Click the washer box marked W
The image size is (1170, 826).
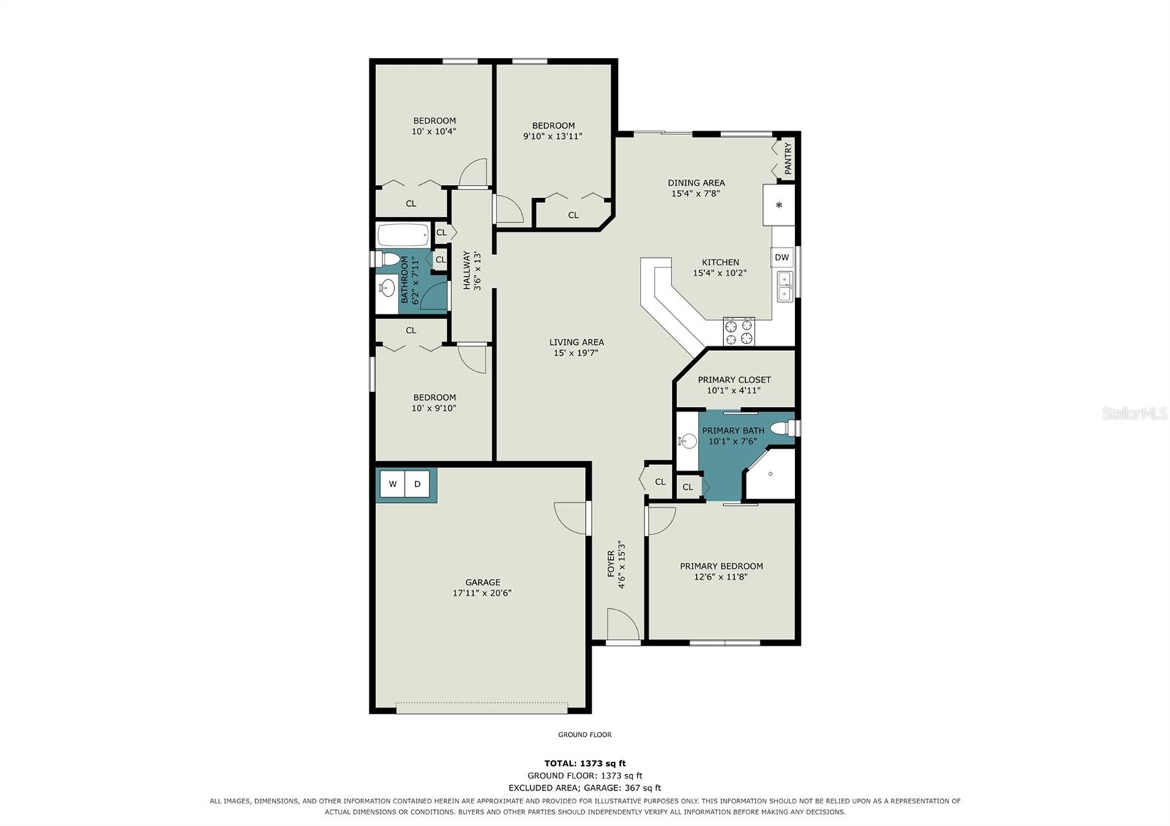(392, 484)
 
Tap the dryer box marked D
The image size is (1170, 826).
(418, 484)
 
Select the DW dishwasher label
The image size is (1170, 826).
(782, 257)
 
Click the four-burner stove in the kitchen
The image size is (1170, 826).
(739, 332)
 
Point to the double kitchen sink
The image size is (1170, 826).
(785, 286)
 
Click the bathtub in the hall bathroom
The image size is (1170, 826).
(403, 235)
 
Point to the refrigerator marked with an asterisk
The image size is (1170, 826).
(779, 205)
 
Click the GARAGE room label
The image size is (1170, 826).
(483, 582)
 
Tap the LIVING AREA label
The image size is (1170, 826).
(576, 342)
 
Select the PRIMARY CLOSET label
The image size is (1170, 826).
(734, 379)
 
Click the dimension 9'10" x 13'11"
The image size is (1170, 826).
(553, 136)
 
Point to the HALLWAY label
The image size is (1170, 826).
(467, 270)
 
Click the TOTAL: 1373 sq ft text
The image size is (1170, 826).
(585, 763)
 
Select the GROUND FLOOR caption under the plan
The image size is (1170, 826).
(584, 735)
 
